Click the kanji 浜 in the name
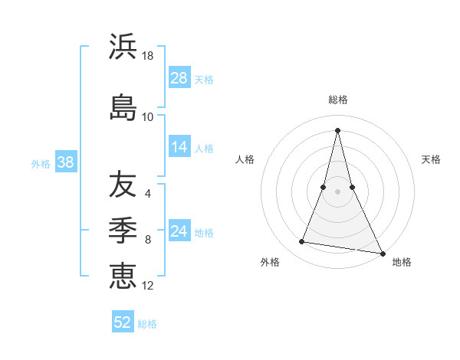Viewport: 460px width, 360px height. pos(123,47)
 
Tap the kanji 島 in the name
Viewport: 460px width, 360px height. pos(123,107)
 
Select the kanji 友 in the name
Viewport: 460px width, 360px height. pos(123,185)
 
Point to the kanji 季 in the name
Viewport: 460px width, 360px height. pos(123,230)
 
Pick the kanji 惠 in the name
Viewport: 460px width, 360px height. pos(123,275)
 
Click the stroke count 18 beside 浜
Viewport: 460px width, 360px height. pos(148,57)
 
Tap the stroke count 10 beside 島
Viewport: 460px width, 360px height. pos(148,117)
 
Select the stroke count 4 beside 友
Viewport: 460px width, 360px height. pos(148,194)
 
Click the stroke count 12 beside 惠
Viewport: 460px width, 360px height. pos(148,285)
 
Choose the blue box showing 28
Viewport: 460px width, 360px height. pos(179,77)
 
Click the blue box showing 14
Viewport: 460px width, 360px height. pos(179,147)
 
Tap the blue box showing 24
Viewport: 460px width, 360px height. pos(179,231)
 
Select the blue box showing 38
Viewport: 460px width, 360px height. pos(65,162)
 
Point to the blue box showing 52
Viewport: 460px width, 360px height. pos(123,322)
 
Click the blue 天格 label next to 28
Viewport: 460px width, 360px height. pos(204,79)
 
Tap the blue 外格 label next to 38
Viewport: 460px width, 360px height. pos(41,163)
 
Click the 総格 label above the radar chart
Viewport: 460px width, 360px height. pos(338,100)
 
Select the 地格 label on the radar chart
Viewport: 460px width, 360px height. pos(402,262)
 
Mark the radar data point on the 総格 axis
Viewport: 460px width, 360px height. pos(338,129)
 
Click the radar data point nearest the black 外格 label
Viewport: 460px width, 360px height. pos(302,242)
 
